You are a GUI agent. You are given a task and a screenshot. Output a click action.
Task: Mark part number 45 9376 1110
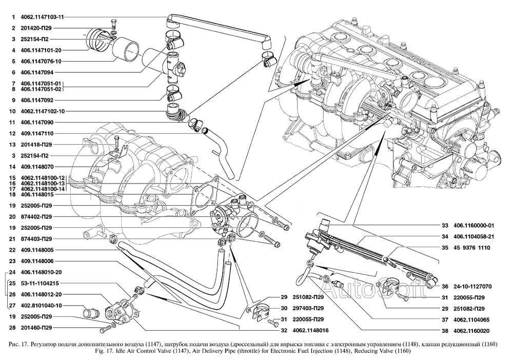471,247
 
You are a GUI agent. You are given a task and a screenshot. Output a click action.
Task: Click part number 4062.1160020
471,331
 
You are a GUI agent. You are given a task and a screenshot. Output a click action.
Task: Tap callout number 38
445,331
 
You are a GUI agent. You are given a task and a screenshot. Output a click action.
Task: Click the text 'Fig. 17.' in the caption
114,351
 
